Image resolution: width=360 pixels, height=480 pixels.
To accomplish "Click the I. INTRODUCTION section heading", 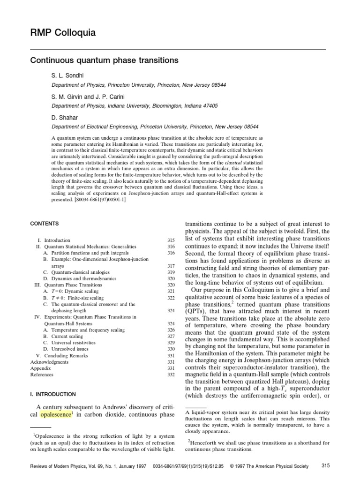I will click(52, 395).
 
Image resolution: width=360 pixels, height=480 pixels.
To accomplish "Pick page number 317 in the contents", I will click(171, 265).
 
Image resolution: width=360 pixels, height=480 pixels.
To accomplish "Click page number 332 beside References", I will click(171, 375).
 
